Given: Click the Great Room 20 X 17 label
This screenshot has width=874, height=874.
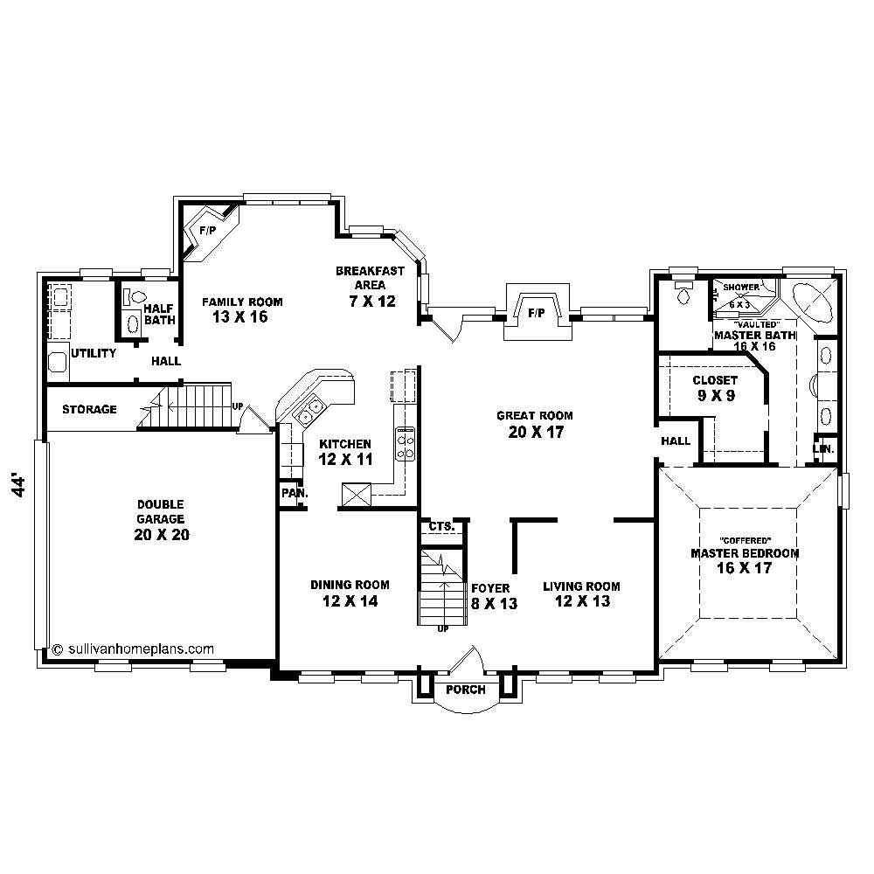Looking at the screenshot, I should [535, 423].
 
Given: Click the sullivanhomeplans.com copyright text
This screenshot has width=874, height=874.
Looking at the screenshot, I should [133, 649].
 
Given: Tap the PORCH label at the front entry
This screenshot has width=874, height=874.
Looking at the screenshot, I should [465, 690].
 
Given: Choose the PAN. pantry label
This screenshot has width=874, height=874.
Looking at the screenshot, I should [292, 493].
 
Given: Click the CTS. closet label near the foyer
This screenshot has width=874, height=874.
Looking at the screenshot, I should [440, 526].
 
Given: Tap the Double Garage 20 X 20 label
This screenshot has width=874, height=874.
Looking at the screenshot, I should [162, 520].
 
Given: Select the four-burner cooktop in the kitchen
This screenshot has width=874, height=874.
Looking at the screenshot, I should [406, 443].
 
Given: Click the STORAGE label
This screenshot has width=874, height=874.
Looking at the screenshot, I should [89, 409].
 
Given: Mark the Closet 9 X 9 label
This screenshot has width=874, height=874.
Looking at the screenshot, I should [715, 387].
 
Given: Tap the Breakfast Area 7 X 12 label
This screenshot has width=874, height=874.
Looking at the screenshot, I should [370, 286].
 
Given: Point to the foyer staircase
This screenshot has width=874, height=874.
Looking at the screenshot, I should [440, 586].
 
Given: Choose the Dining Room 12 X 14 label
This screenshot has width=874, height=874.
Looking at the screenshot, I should [350, 593].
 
